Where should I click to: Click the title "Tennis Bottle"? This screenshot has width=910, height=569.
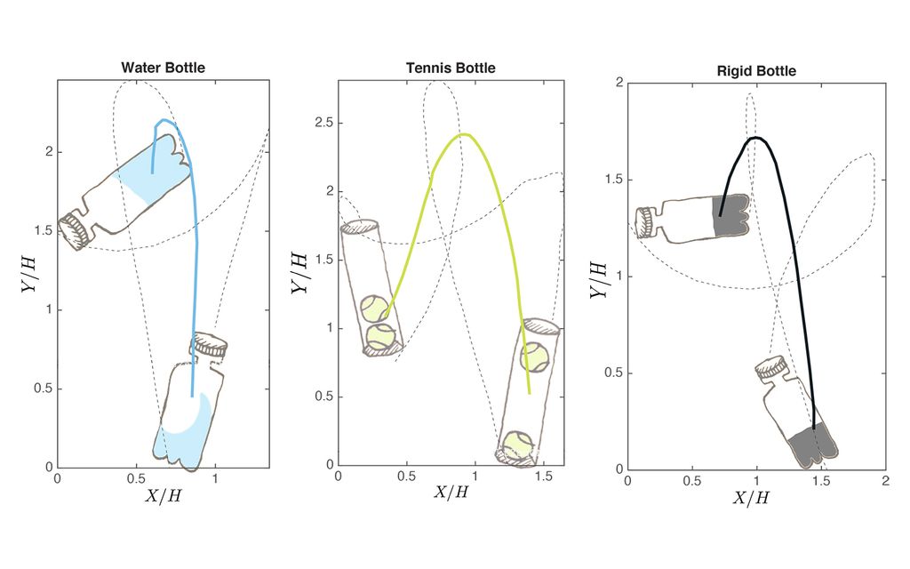coord(451,68)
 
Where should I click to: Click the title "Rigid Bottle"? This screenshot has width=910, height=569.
coord(756,70)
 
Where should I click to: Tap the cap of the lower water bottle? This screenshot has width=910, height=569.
coord(210,344)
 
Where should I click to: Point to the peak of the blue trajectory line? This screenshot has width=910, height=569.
coord(161,120)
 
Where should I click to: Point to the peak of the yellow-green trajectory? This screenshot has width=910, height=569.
coord(463,135)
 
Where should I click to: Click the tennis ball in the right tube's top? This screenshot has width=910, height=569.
coord(535,357)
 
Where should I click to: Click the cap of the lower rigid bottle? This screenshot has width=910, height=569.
coord(770,367)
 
